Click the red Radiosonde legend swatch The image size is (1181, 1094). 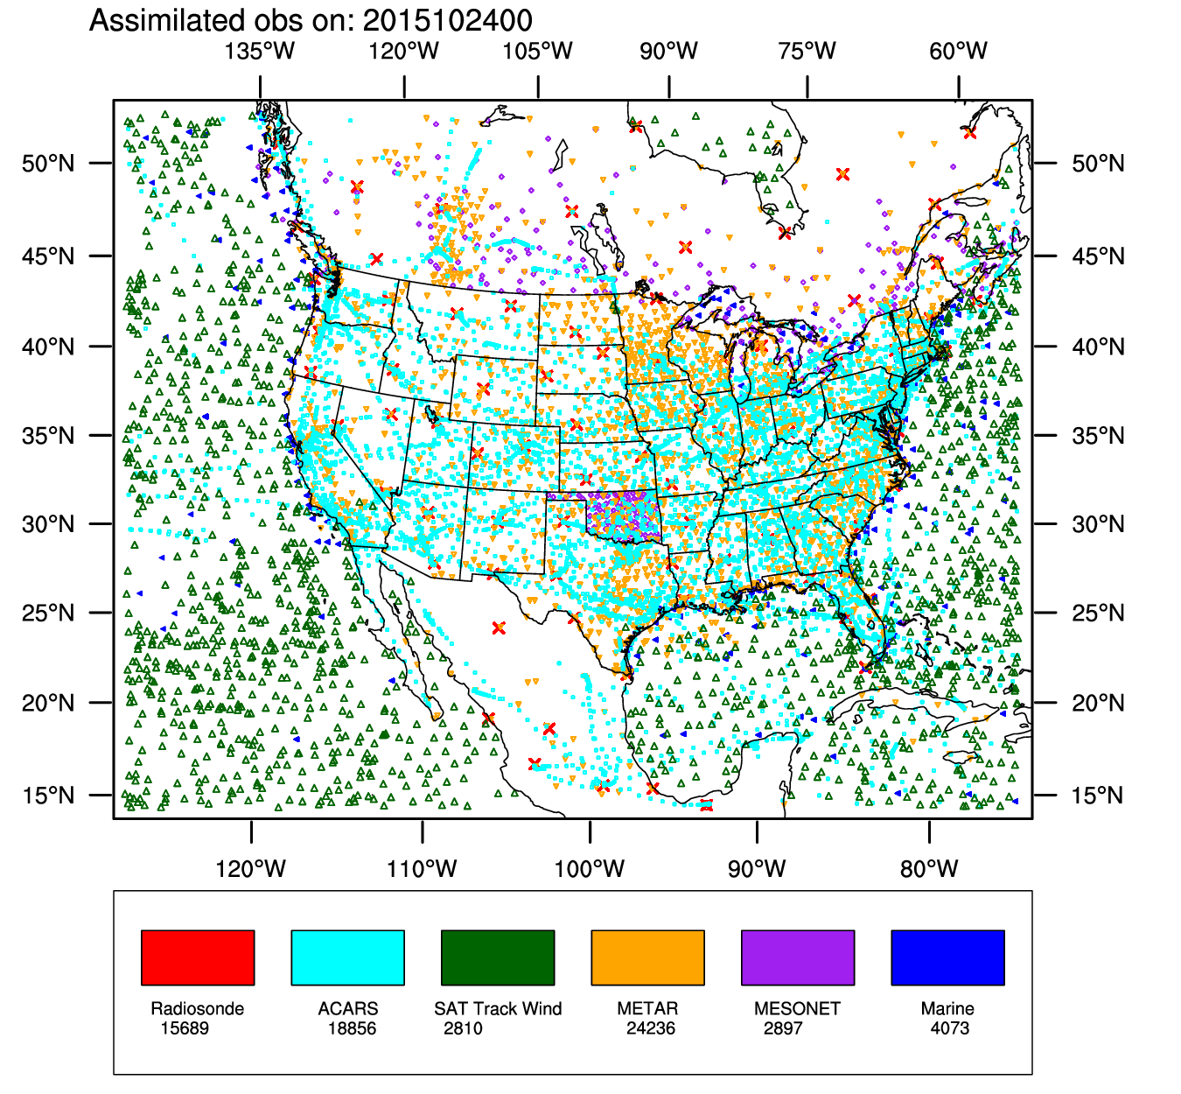click(198, 957)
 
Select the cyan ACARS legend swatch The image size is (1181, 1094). click(347, 957)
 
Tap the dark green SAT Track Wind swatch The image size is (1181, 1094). click(498, 957)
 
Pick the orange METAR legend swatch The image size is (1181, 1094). click(647, 957)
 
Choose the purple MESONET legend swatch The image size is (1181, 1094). click(798, 957)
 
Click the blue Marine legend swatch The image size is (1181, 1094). click(947, 957)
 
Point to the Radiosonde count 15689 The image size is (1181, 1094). click(185, 1028)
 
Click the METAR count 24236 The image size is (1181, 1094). click(651, 1028)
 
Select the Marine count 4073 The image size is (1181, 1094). click(950, 1028)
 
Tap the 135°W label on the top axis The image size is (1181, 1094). click(260, 52)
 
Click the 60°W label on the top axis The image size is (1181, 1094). click(959, 52)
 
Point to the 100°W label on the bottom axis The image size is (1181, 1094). click(590, 869)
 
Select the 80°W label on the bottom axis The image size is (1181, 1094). click(929, 869)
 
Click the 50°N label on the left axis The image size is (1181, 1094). click(48, 164)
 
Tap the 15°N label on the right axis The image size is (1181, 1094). click(1098, 796)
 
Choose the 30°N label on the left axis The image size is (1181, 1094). click(48, 524)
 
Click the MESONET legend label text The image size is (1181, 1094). click(797, 1009)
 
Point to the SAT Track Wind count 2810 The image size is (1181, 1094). click(463, 1028)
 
